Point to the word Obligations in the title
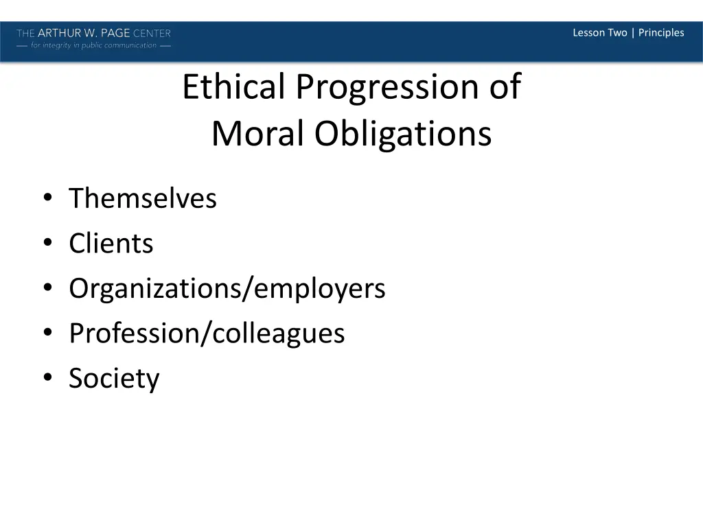pyautogui.click(x=403, y=134)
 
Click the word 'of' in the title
pyautogui.click(x=505, y=87)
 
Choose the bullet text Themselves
pyautogui.click(x=143, y=199)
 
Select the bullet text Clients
pyautogui.click(x=111, y=244)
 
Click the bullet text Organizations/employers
pyautogui.click(x=227, y=289)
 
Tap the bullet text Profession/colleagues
pyautogui.click(x=207, y=333)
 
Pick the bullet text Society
pyautogui.click(x=114, y=379)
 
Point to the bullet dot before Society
pyautogui.click(x=47, y=379)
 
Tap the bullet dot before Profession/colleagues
pyautogui.click(x=47, y=334)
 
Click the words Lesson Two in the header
pyautogui.click(x=599, y=32)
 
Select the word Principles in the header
pyautogui.click(x=661, y=32)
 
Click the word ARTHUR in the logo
pyautogui.click(x=60, y=33)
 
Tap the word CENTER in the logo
pyautogui.click(x=152, y=33)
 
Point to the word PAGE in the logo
pyautogui.click(x=115, y=33)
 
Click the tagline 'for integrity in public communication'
pyautogui.click(x=94, y=45)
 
